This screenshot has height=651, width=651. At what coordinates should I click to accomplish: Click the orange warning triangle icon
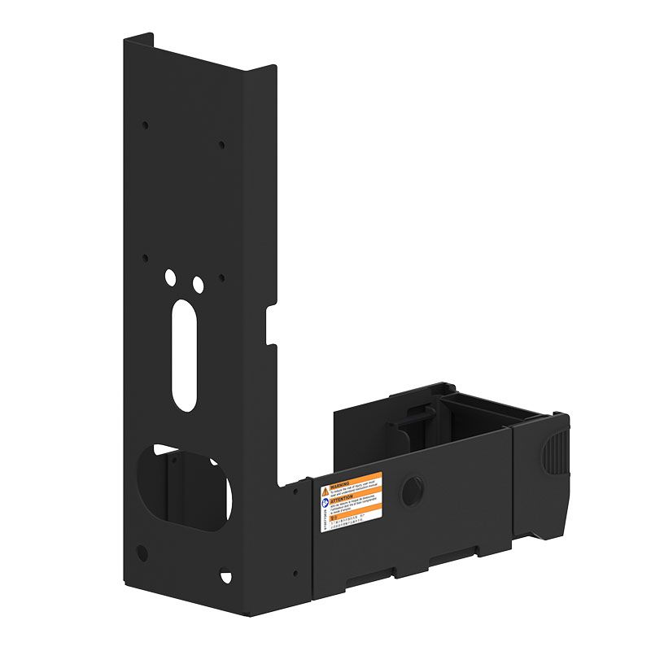[325, 492]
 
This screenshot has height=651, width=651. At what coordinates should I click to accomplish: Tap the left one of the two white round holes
[170, 277]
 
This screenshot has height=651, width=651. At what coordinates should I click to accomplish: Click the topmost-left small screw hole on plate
[146, 125]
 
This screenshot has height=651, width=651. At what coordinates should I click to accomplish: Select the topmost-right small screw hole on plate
[221, 145]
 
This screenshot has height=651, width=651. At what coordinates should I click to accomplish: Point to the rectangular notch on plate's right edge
[272, 323]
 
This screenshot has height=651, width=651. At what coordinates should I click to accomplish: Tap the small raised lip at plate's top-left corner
[138, 38]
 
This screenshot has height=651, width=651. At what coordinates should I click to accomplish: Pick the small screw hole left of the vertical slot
[146, 258]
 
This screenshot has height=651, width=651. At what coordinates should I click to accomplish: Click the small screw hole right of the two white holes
[221, 278]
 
